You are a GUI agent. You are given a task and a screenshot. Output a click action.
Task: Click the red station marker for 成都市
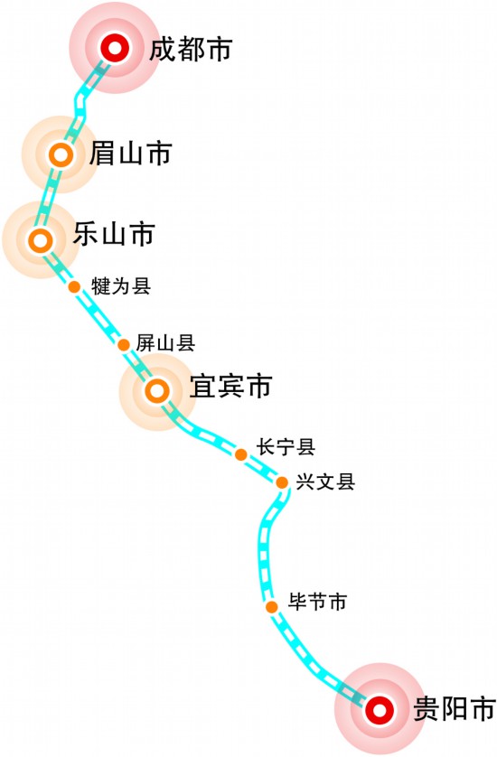[x=115, y=48]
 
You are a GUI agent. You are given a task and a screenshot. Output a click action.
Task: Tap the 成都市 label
[x=191, y=50]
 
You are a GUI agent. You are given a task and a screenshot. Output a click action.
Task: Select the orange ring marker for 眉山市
[x=61, y=155]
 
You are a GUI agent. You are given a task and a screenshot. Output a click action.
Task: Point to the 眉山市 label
[x=131, y=153]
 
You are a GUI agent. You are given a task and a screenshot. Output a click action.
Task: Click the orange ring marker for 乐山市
[x=41, y=240]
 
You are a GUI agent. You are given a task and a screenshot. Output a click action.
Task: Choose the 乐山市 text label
[x=114, y=234]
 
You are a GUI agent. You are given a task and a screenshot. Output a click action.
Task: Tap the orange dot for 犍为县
[x=74, y=286]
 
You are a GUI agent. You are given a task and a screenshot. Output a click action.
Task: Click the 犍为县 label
[x=121, y=285]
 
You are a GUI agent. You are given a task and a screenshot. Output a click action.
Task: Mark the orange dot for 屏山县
[x=124, y=345]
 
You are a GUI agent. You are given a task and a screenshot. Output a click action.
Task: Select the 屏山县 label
[x=165, y=342]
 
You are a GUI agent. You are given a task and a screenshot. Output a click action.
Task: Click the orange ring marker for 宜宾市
[x=157, y=391]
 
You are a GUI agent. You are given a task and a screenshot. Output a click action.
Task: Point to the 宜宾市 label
[x=231, y=386]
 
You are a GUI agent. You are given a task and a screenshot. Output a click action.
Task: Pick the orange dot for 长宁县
[x=241, y=454]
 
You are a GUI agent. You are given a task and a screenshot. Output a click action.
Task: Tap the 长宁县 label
[x=286, y=446]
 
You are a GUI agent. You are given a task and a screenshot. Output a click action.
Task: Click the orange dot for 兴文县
[x=282, y=481]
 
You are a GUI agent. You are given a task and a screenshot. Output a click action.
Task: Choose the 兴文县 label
[x=326, y=481]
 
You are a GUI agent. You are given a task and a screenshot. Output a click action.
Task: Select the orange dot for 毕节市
[x=272, y=607]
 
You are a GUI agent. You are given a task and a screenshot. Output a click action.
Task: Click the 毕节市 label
[x=318, y=602]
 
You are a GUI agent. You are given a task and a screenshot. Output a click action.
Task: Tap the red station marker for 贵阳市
[x=380, y=710]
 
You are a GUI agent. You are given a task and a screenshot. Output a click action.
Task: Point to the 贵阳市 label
[x=455, y=709]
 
